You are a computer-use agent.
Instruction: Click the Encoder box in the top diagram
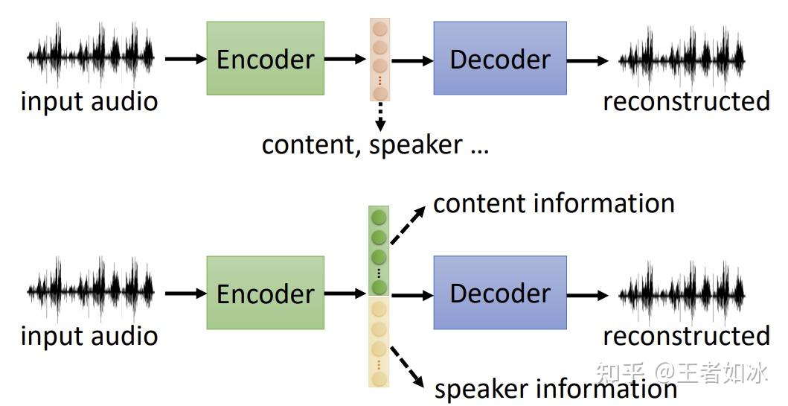pos(265,58)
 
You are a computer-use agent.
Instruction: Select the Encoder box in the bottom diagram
pos(265,293)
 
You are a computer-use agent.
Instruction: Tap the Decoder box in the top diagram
pos(499,58)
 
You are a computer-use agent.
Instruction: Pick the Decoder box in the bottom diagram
pos(499,293)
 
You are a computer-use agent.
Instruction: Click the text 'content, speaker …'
pos(375,145)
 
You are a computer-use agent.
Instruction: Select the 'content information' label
pos(554,203)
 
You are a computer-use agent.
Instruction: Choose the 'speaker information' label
pos(555,388)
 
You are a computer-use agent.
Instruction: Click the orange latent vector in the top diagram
pos(379,60)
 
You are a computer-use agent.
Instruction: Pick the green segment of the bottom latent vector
pos(379,251)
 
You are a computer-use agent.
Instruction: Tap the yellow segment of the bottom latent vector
pos(379,341)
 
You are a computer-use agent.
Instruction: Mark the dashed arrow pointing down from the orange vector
pos(380,115)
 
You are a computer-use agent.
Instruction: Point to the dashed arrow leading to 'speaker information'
pos(409,368)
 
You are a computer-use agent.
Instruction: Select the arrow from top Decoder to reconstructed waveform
pos(587,60)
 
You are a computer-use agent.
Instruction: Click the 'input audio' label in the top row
pos(89,101)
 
